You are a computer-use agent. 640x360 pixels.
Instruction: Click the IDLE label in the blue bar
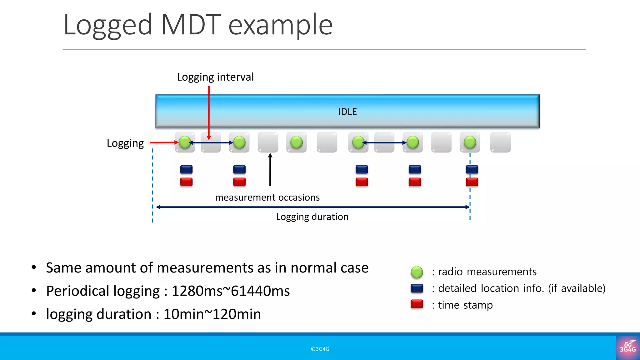pyautogui.click(x=347, y=112)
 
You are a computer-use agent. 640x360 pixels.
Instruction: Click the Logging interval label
pyautogui.click(x=215, y=77)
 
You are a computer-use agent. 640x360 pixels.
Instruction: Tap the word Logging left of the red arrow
pyautogui.click(x=125, y=143)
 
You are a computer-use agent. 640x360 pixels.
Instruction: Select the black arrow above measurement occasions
pyautogui.click(x=270, y=170)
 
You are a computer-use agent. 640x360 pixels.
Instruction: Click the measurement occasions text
pyautogui.click(x=267, y=197)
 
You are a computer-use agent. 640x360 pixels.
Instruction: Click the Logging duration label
pyautogui.click(x=312, y=217)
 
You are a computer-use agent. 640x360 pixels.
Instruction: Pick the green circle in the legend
pyautogui.click(x=417, y=272)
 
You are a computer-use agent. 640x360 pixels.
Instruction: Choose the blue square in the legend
pyautogui.click(x=417, y=288)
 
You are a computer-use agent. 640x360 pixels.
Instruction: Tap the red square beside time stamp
pyautogui.click(x=417, y=304)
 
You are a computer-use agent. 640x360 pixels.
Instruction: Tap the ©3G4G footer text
pyautogui.click(x=320, y=349)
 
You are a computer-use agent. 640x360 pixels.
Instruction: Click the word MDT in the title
pyautogui.click(x=191, y=25)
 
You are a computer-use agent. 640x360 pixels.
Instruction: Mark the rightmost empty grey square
pyautogui.click(x=500, y=142)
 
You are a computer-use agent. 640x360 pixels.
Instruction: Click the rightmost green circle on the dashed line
pyautogui.click(x=470, y=142)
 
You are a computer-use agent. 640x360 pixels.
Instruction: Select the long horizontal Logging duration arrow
pyautogui.click(x=312, y=207)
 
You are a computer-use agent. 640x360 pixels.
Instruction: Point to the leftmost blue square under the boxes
pyautogui.click(x=186, y=169)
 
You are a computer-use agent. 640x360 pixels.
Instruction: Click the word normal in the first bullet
pyautogui.click(x=313, y=268)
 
